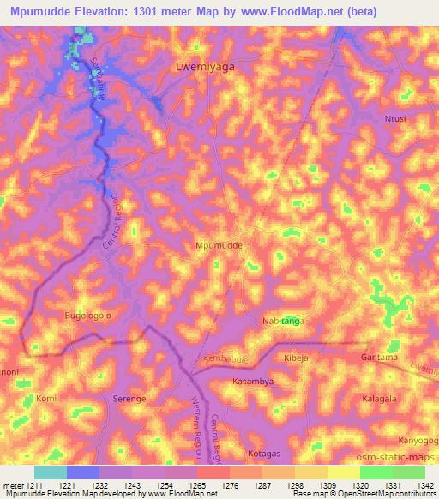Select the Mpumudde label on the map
tap(219, 245)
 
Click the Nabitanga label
tap(283, 321)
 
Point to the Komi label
tap(45, 399)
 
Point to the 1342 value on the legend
tap(424, 486)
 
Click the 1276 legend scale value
tap(213, 486)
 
